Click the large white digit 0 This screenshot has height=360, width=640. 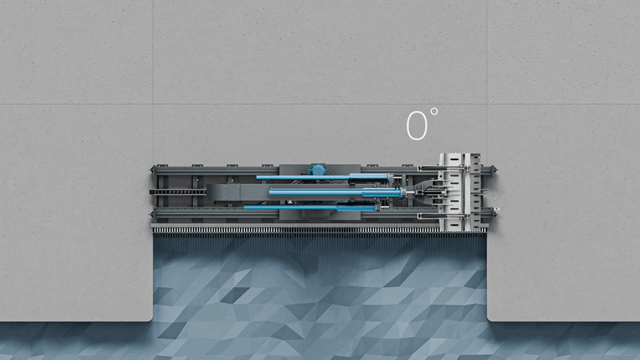coord(417,126)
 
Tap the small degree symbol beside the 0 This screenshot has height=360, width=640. coord(434,111)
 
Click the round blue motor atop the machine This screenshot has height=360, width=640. coord(318,170)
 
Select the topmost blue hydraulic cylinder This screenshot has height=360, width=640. coord(322,177)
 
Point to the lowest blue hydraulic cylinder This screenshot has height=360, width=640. coord(310,208)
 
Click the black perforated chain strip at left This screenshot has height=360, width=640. coord(178,192)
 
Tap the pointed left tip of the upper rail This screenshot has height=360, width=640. coord(151,170)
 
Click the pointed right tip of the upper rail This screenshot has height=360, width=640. coord(495,169)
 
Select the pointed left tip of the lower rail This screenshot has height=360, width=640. coord(151,214)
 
